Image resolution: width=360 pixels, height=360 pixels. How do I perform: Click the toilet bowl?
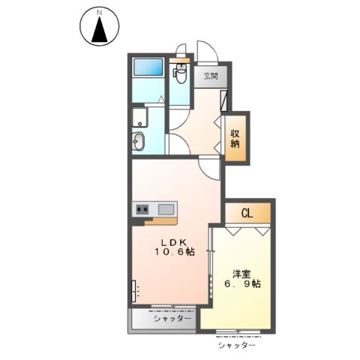tap(180, 73)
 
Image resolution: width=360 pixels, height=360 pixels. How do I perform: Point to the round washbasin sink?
tap(139, 141)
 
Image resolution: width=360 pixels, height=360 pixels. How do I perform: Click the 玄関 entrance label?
tap(211, 76)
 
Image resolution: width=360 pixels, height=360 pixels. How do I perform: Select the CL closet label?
tap(247, 213)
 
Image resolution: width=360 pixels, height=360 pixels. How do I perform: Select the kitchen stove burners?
tap(142, 208)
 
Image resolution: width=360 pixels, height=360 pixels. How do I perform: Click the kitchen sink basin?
tap(166, 208)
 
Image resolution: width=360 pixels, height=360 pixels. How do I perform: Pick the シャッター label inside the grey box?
tap(166, 319)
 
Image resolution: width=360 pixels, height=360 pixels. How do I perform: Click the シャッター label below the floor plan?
tap(237, 345)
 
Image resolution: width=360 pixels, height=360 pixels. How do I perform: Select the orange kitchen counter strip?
tap(160, 220)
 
